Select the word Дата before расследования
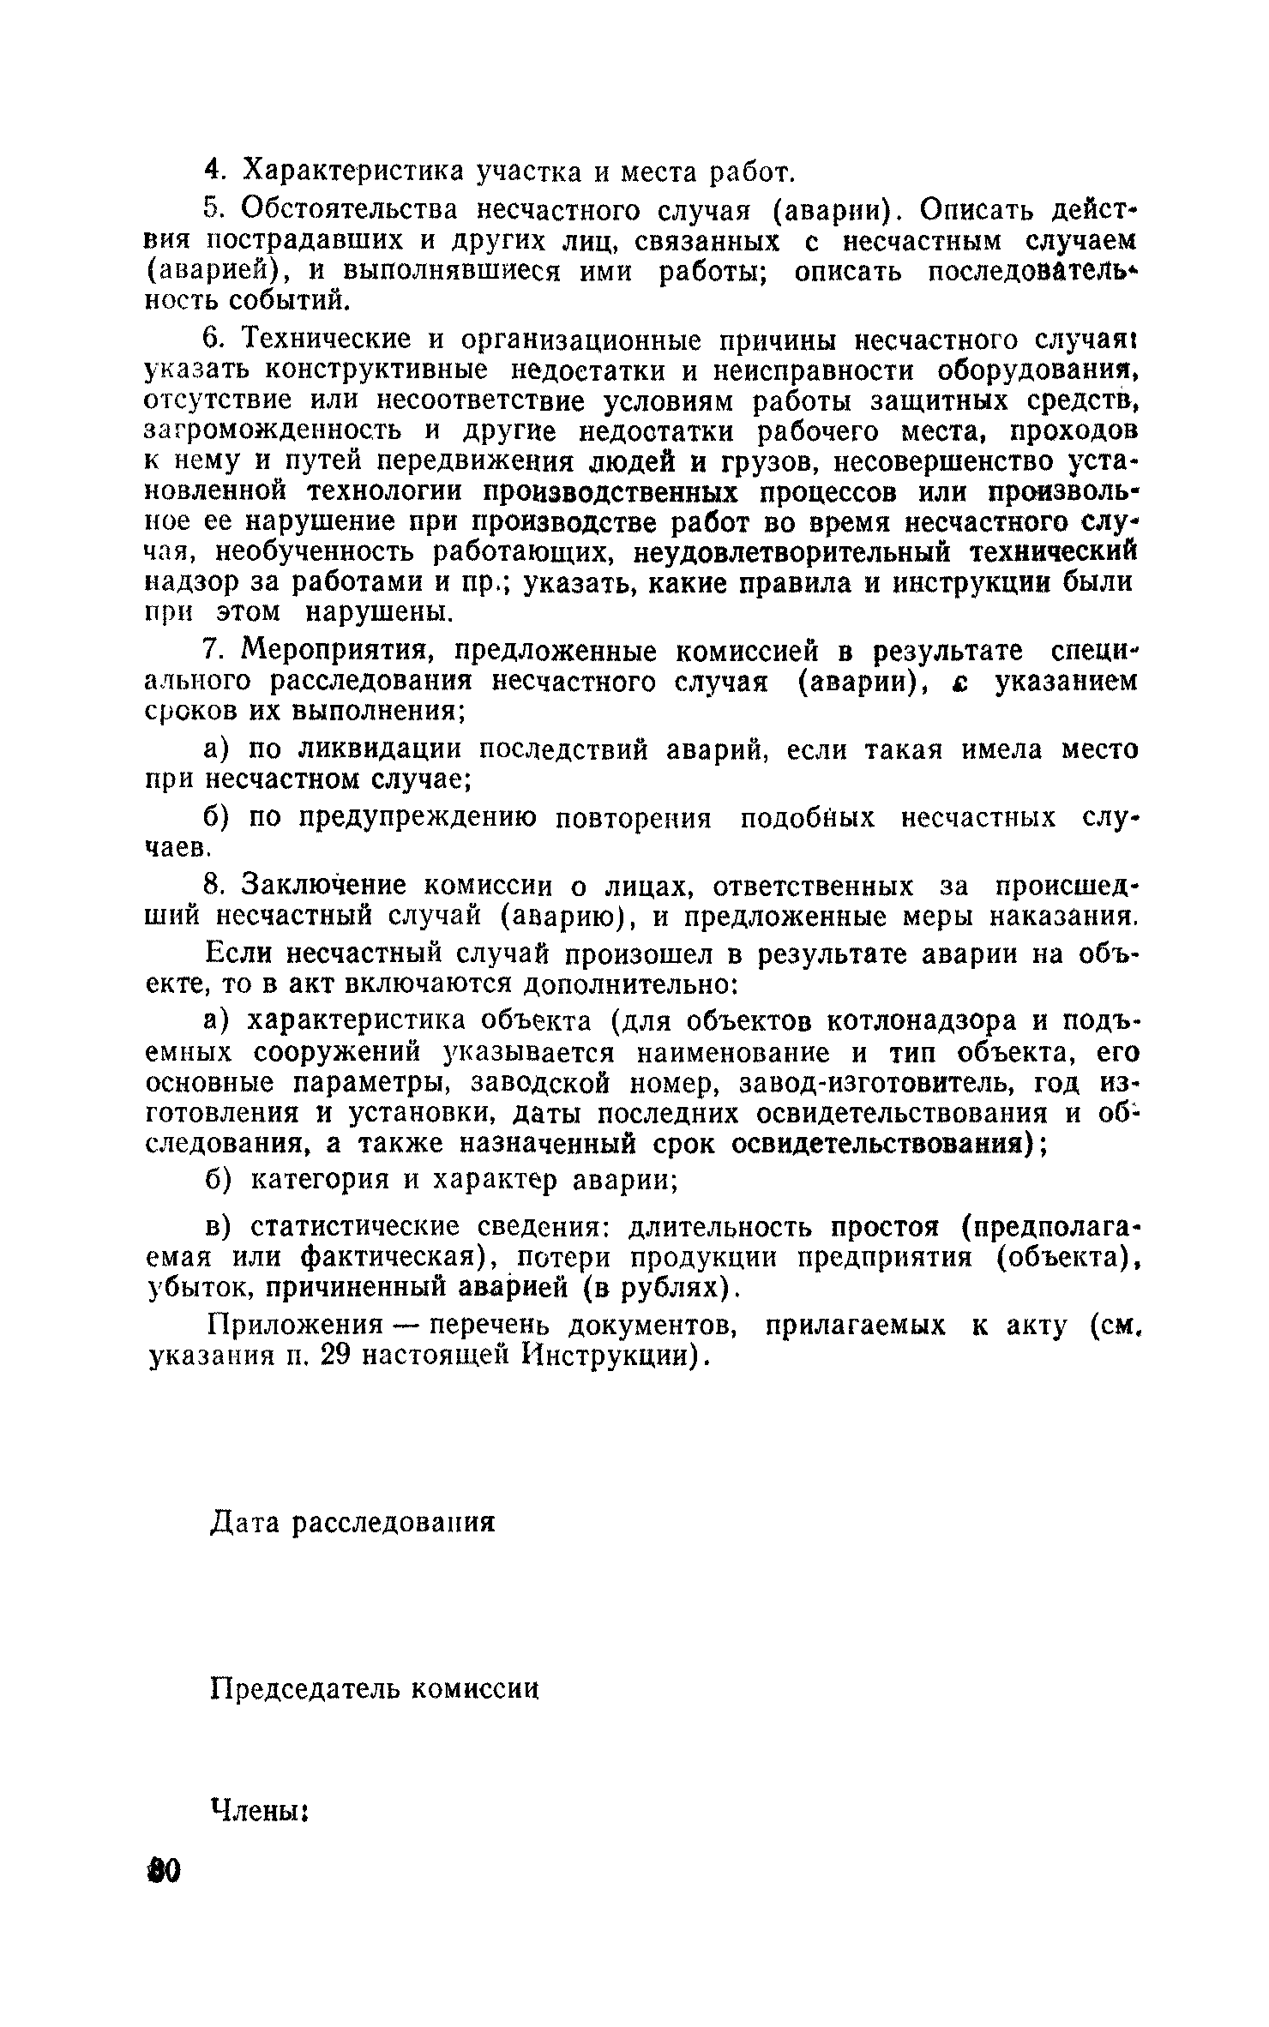(x=248, y=1523)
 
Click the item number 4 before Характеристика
(x=214, y=171)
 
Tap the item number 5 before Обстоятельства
(x=214, y=210)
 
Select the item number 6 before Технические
(x=214, y=340)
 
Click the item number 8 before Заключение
(x=214, y=884)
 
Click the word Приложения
(x=296, y=1326)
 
